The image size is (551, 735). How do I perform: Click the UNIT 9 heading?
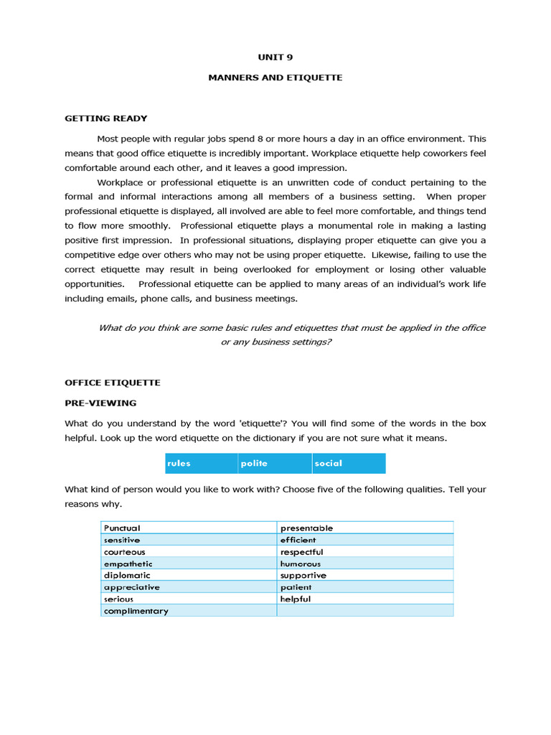point(275,58)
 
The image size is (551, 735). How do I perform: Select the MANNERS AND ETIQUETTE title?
point(275,78)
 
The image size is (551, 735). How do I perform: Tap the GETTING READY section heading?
point(105,118)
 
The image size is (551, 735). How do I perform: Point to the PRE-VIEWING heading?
point(100,403)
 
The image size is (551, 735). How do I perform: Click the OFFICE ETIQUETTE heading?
point(112,383)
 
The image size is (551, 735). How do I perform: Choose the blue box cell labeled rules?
point(202,464)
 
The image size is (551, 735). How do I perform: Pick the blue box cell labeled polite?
point(275,464)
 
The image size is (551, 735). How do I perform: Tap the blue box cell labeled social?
point(349,464)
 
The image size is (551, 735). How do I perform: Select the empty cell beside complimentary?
point(364,612)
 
